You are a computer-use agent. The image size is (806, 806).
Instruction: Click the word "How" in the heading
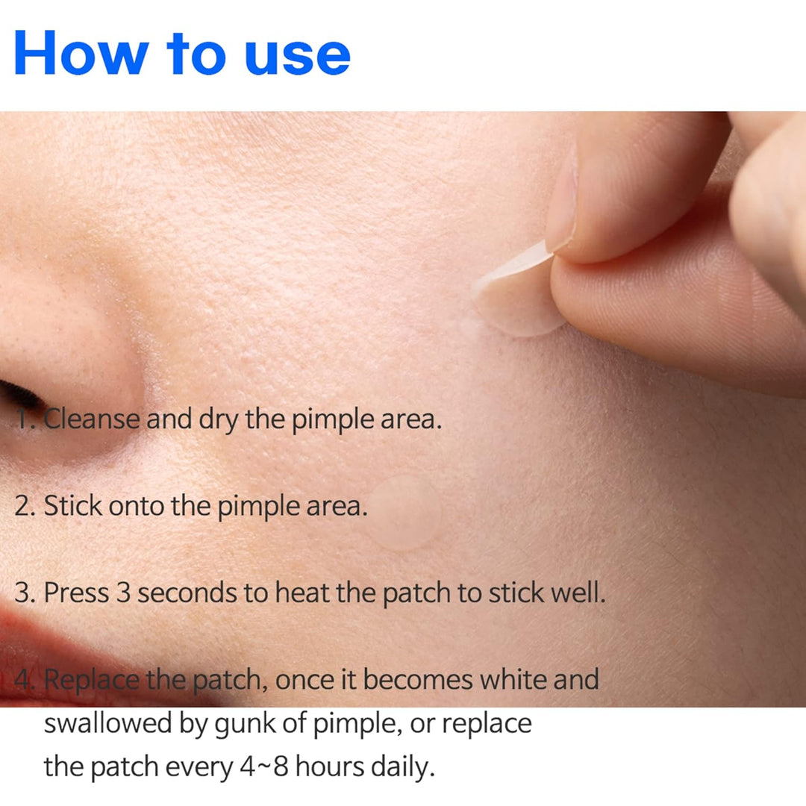[81, 52]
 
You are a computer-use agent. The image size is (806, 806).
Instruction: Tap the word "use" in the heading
[298, 57]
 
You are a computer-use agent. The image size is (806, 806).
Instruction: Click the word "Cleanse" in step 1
[92, 419]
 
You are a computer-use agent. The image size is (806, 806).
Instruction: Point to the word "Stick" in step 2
[73, 505]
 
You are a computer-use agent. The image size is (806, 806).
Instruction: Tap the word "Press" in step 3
[76, 592]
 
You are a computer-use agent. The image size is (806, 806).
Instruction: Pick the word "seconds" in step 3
[187, 593]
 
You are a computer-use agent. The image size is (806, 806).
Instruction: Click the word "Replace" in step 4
[92, 681]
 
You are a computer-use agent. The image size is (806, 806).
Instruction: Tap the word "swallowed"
[108, 723]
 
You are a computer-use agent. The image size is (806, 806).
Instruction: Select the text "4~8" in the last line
[263, 767]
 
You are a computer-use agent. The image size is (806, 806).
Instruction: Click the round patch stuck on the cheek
[404, 512]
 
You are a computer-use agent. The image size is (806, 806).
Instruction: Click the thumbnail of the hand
[562, 201]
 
